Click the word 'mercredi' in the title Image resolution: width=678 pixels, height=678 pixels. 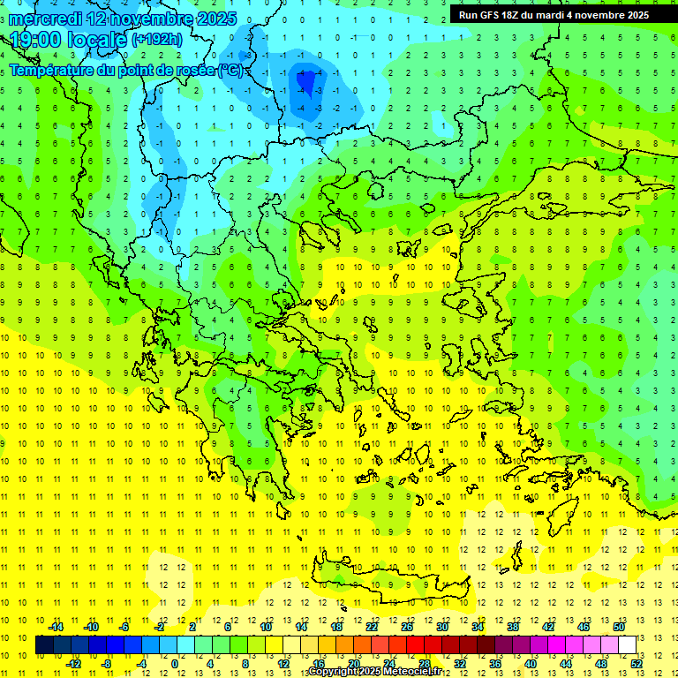tap(45, 18)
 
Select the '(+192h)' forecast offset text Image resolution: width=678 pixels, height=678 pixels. tap(158, 39)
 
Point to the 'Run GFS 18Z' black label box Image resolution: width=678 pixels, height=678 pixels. tap(554, 14)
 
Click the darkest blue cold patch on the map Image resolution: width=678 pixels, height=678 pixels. tap(307, 83)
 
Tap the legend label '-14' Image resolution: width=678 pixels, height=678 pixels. tap(56, 627)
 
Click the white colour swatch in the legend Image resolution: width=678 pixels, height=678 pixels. tap(627, 645)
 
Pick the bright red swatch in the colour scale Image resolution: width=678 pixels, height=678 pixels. tap(415, 645)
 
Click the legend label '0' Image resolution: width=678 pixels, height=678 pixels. tap(174, 664)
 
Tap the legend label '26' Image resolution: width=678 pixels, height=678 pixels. tap(407, 627)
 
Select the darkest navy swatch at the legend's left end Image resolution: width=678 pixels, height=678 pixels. tap(44, 645)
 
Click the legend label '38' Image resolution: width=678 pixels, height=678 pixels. tap(513, 627)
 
